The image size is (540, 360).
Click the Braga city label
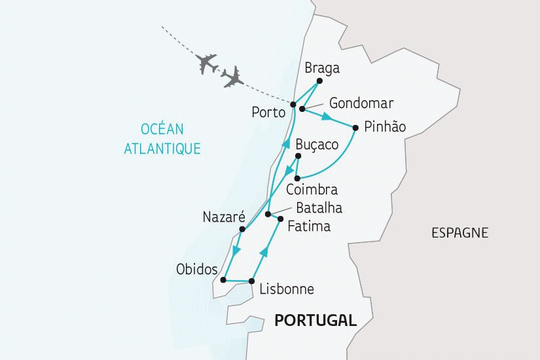click(323, 68)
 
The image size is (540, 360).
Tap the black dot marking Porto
click(293, 105)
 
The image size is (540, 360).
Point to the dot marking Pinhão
click(355, 128)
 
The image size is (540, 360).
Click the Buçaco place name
click(316, 145)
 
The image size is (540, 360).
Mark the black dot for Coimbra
click(297, 178)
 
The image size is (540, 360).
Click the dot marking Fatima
click(281, 219)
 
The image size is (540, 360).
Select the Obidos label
click(198, 269)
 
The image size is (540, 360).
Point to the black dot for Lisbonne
click(251, 281)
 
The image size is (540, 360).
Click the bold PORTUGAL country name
click(315, 320)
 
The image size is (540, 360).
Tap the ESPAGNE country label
click(459, 232)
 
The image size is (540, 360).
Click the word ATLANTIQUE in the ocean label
click(162, 148)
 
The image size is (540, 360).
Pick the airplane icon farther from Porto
click(207, 63)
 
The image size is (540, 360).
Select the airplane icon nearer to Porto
click(232, 77)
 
